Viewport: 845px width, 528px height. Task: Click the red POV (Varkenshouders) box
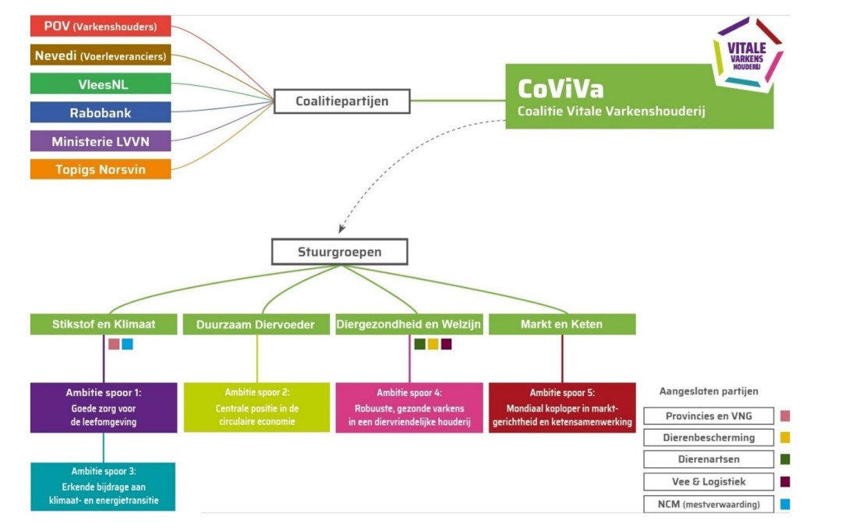click(x=101, y=27)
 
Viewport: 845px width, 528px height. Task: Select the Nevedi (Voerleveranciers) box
click(x=101, y=56)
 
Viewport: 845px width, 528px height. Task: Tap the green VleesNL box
click(x=101, y=83)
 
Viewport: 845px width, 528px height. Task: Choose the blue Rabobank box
click(x=101, y=112)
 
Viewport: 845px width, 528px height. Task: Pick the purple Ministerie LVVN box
click(x=101, y=141)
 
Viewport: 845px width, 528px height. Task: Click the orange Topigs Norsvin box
click(x=101, y=169)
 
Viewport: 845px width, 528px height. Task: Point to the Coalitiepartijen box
click(x=341, y=101)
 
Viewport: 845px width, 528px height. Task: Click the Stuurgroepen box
click(x=339, y=252)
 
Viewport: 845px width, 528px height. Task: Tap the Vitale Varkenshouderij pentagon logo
click(x=746, y=52)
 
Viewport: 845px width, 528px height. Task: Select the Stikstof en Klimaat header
click(x=104, y=324)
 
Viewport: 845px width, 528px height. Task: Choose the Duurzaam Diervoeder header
click(x=258, y=324)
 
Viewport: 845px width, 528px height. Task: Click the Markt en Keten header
click(x=561, y=324)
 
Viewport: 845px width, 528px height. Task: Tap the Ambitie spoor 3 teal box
click(x=103, y=487)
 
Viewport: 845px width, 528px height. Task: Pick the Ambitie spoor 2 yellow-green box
click(x=257, y=407)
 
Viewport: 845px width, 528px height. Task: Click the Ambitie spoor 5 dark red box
click(x=562, y=407)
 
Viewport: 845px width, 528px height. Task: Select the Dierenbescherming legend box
click(x=709, y=438)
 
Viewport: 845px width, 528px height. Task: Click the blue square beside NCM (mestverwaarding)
click(x=784, y=504)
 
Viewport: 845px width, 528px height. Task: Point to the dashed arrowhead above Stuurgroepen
click(x=341, y=230)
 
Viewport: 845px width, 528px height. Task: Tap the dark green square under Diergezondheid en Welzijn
click(x=419, y=344)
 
